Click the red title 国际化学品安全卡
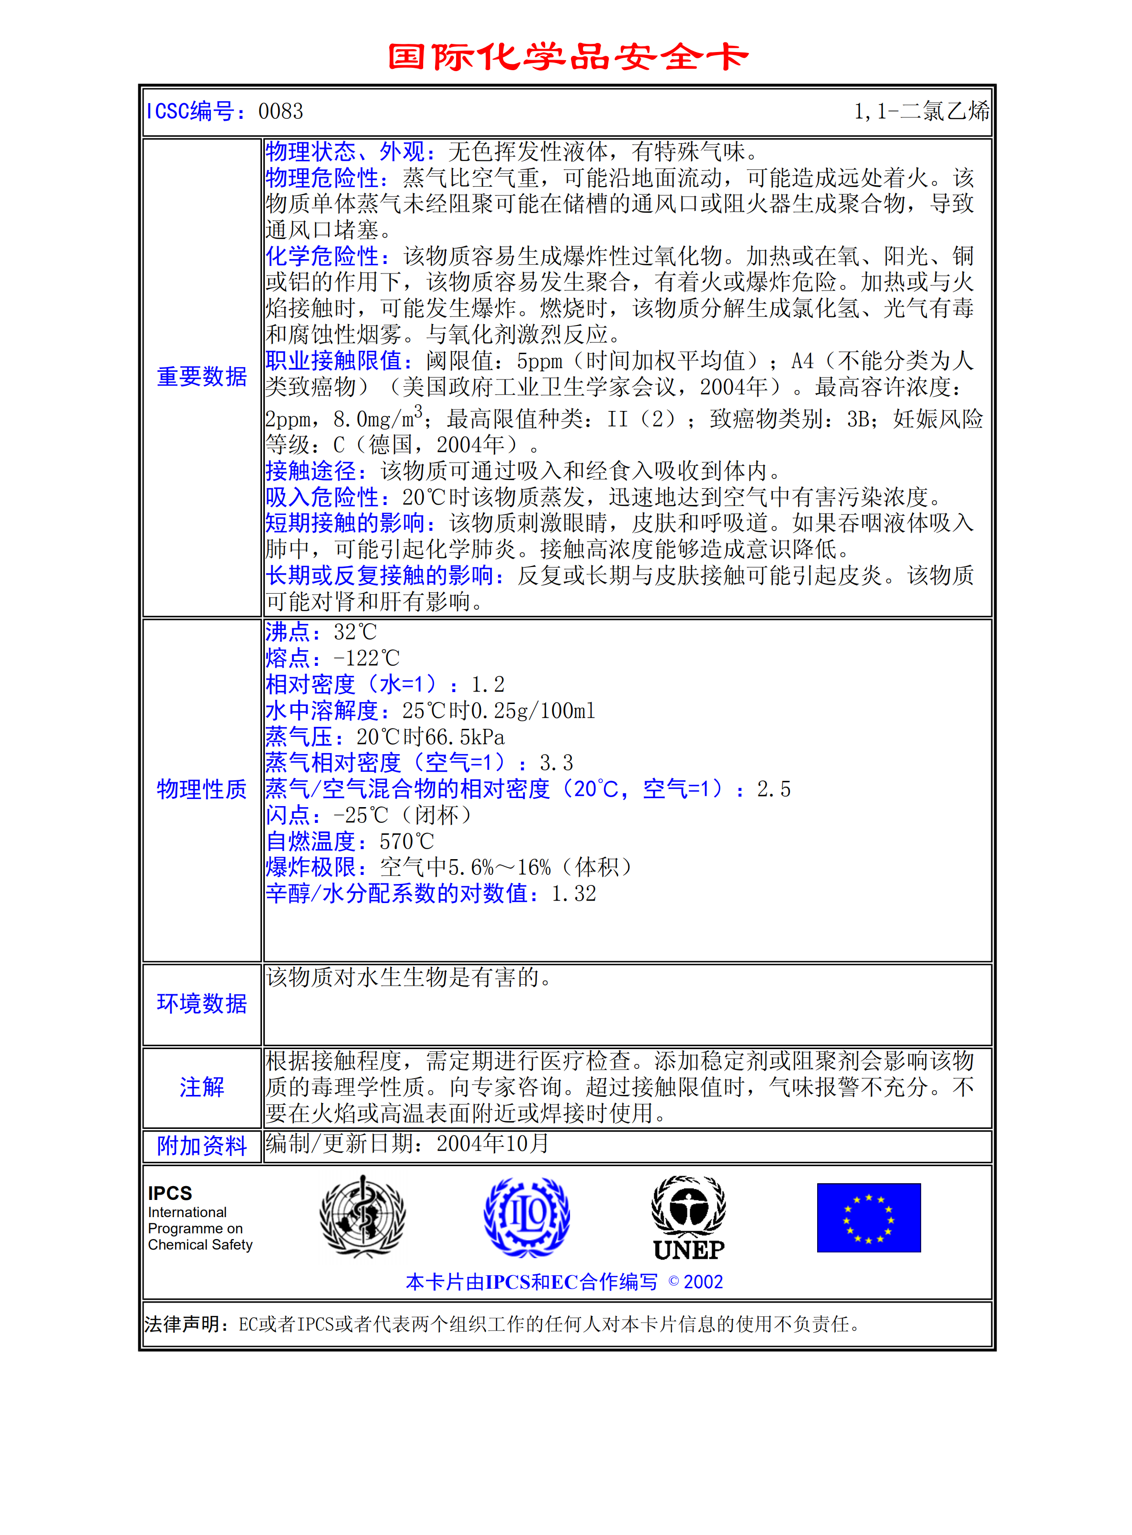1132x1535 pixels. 567,57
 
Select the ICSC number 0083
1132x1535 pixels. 280,111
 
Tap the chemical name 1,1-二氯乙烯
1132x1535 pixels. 921,111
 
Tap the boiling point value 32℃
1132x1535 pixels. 355,632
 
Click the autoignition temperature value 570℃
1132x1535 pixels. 406,841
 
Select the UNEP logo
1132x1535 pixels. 689,1218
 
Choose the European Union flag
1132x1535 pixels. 868,1218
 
